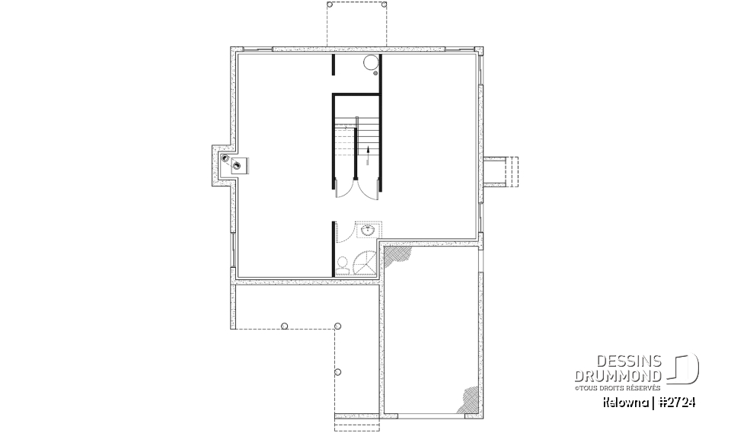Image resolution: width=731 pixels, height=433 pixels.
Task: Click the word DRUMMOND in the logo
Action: [618, 377]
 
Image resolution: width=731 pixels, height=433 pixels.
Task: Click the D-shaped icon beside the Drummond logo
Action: [685, 369]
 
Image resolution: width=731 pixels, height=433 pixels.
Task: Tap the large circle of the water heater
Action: [369, 64]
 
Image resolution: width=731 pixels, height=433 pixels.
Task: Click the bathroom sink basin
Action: [368, 231]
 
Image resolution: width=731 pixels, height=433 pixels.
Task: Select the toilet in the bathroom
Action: [343, 266]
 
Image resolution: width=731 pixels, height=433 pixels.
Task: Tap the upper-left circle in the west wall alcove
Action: [225, 158]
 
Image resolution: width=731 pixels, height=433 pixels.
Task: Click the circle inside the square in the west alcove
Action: [238, 165]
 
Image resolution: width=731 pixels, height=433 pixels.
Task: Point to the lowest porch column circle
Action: [337, 372]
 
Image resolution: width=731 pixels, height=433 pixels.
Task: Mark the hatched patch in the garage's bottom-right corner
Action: [469, 399]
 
